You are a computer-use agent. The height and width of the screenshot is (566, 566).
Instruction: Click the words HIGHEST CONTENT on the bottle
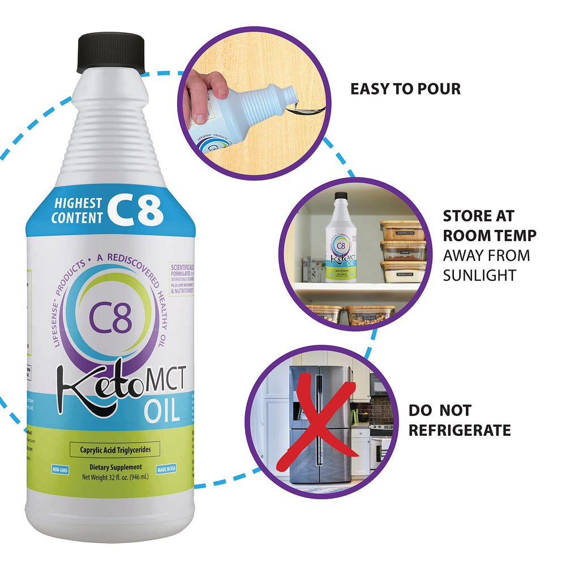(x=78, y=210)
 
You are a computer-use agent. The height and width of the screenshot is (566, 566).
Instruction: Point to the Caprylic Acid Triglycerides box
(x=114, y=450)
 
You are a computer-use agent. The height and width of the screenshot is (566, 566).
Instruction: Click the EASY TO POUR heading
(x=405, y=89)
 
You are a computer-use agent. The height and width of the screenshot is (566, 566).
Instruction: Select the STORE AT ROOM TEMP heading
(x=490, y=225)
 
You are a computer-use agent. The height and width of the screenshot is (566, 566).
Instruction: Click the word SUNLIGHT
(x=479, y=275)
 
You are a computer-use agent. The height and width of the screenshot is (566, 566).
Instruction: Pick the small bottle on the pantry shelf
(x=340, y=238)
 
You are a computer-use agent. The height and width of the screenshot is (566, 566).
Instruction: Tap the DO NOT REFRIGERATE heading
(x=459, y=420)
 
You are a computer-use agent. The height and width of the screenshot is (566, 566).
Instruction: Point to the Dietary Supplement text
(x=114, y=467)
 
